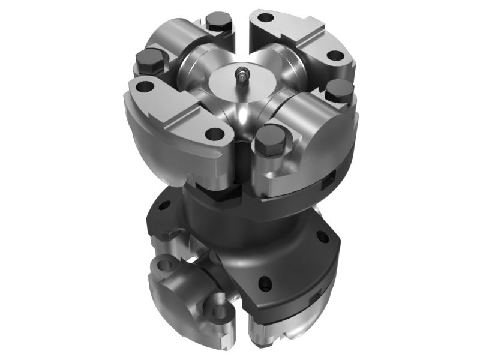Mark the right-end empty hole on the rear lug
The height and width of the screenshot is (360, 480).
pos(335,56)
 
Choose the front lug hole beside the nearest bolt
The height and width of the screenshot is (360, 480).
pos(212,133)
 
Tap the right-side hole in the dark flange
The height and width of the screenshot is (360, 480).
pos(325,238)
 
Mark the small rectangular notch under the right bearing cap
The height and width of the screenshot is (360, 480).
pos(329,179)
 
